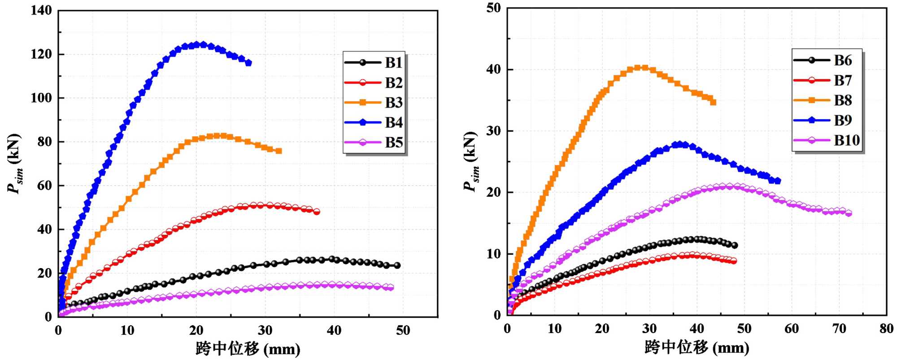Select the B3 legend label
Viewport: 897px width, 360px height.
(393, 103)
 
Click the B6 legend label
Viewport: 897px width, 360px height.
(843, 61)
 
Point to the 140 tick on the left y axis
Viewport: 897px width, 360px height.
(41, 10)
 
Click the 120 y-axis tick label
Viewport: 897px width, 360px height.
(41, 54)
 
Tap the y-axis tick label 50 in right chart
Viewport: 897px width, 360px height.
(493, 8)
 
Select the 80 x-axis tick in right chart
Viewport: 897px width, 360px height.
(886, 329)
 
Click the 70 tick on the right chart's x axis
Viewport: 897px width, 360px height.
(839, 329)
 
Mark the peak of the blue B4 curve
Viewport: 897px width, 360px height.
(203, 45)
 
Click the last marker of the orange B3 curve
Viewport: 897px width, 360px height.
(279, 151)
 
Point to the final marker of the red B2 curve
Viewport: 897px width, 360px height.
(317, 212)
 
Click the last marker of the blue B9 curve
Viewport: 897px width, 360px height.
(777, 181)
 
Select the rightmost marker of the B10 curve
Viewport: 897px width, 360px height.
(848, 213)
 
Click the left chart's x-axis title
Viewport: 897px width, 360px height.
(248, 349)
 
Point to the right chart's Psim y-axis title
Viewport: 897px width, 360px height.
(471, 161)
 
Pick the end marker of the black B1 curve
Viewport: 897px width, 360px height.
(397, 265)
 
